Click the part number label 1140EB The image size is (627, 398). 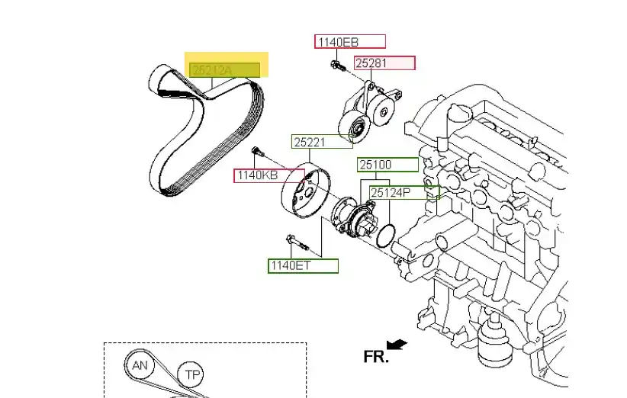pos(349,42)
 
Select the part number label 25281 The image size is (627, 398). pos(384,63)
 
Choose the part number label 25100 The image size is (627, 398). pos(387,165)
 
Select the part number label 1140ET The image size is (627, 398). pos(302,266)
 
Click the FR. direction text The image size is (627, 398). pos(375,356)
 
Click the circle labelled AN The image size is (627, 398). pos(140,366)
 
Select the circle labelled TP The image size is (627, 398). pos(191,375)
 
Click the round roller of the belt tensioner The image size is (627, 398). pos(352,129)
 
